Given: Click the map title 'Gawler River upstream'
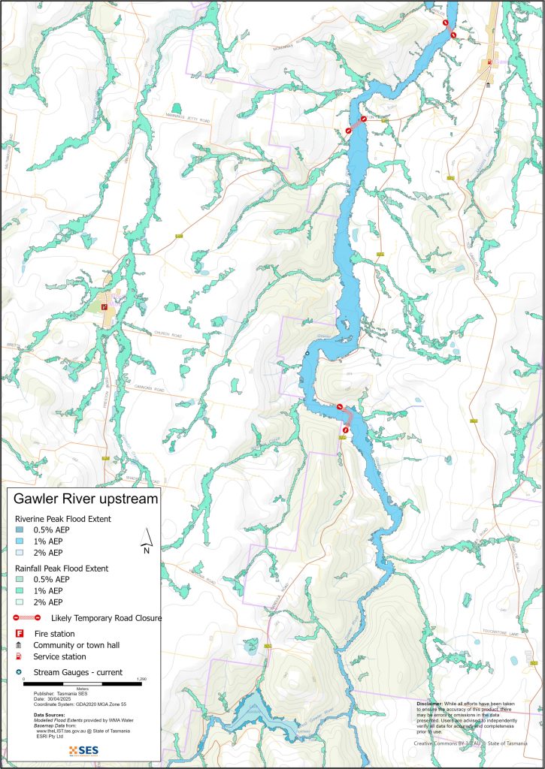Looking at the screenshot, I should pyautogui.click(x=86, y=499).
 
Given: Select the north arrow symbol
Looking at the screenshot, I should pyautogui.click(x=149, y=538).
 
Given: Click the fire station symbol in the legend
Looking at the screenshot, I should pyautogui.click(x=20, y=633).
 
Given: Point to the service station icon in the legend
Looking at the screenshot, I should pyautogui.click(x=20, y=656).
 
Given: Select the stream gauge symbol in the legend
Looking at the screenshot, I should pyautogui.click(x=20, y=672).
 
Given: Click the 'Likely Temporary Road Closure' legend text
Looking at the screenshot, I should pyautogui.click(x=106, y=618).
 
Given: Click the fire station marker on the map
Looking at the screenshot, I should pyautogui.click(x=104, y=306).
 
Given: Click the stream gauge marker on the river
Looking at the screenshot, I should pyautogui.click(x=307, y=353).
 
